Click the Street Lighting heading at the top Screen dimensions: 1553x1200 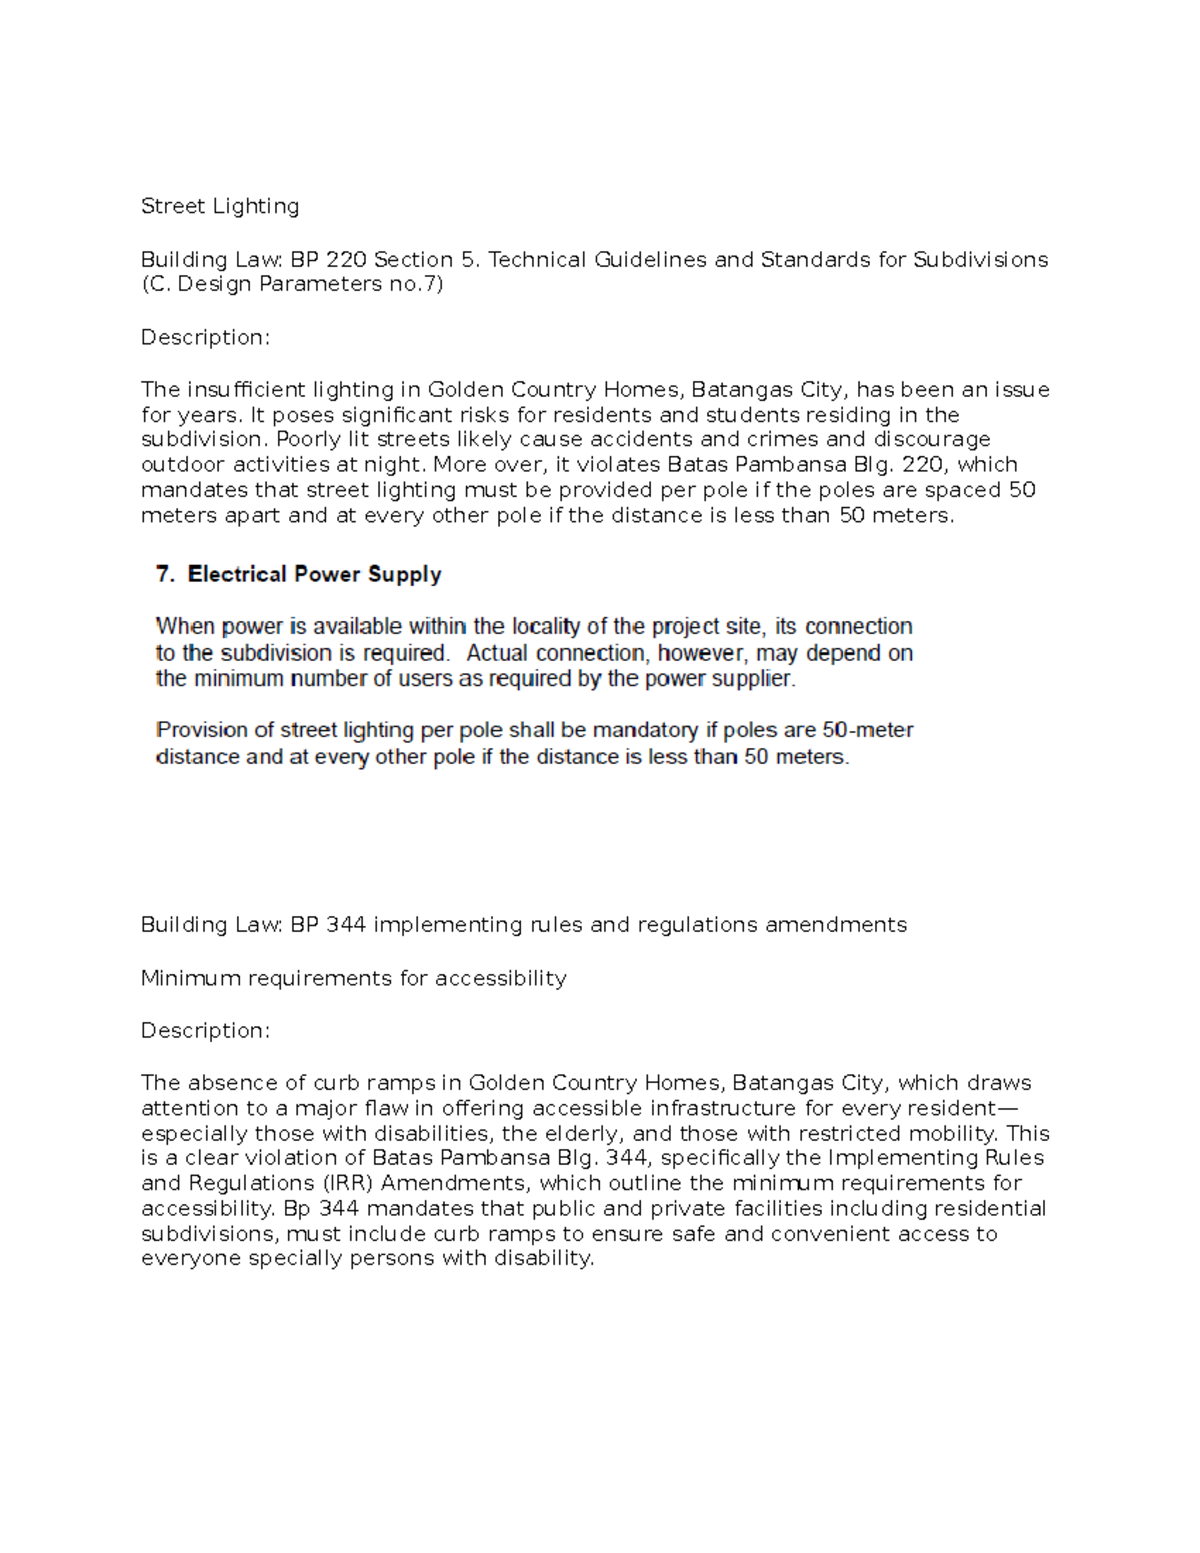click(x=220, y=206)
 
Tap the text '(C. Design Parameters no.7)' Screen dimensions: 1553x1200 click(x=292, y=284)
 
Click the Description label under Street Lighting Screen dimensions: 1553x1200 click(x=205, y=337)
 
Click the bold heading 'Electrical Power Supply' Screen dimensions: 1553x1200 click(x=314, y=574)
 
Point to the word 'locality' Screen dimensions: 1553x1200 click(x=546, y=627)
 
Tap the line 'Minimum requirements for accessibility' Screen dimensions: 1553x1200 click(x=354, y=978)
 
